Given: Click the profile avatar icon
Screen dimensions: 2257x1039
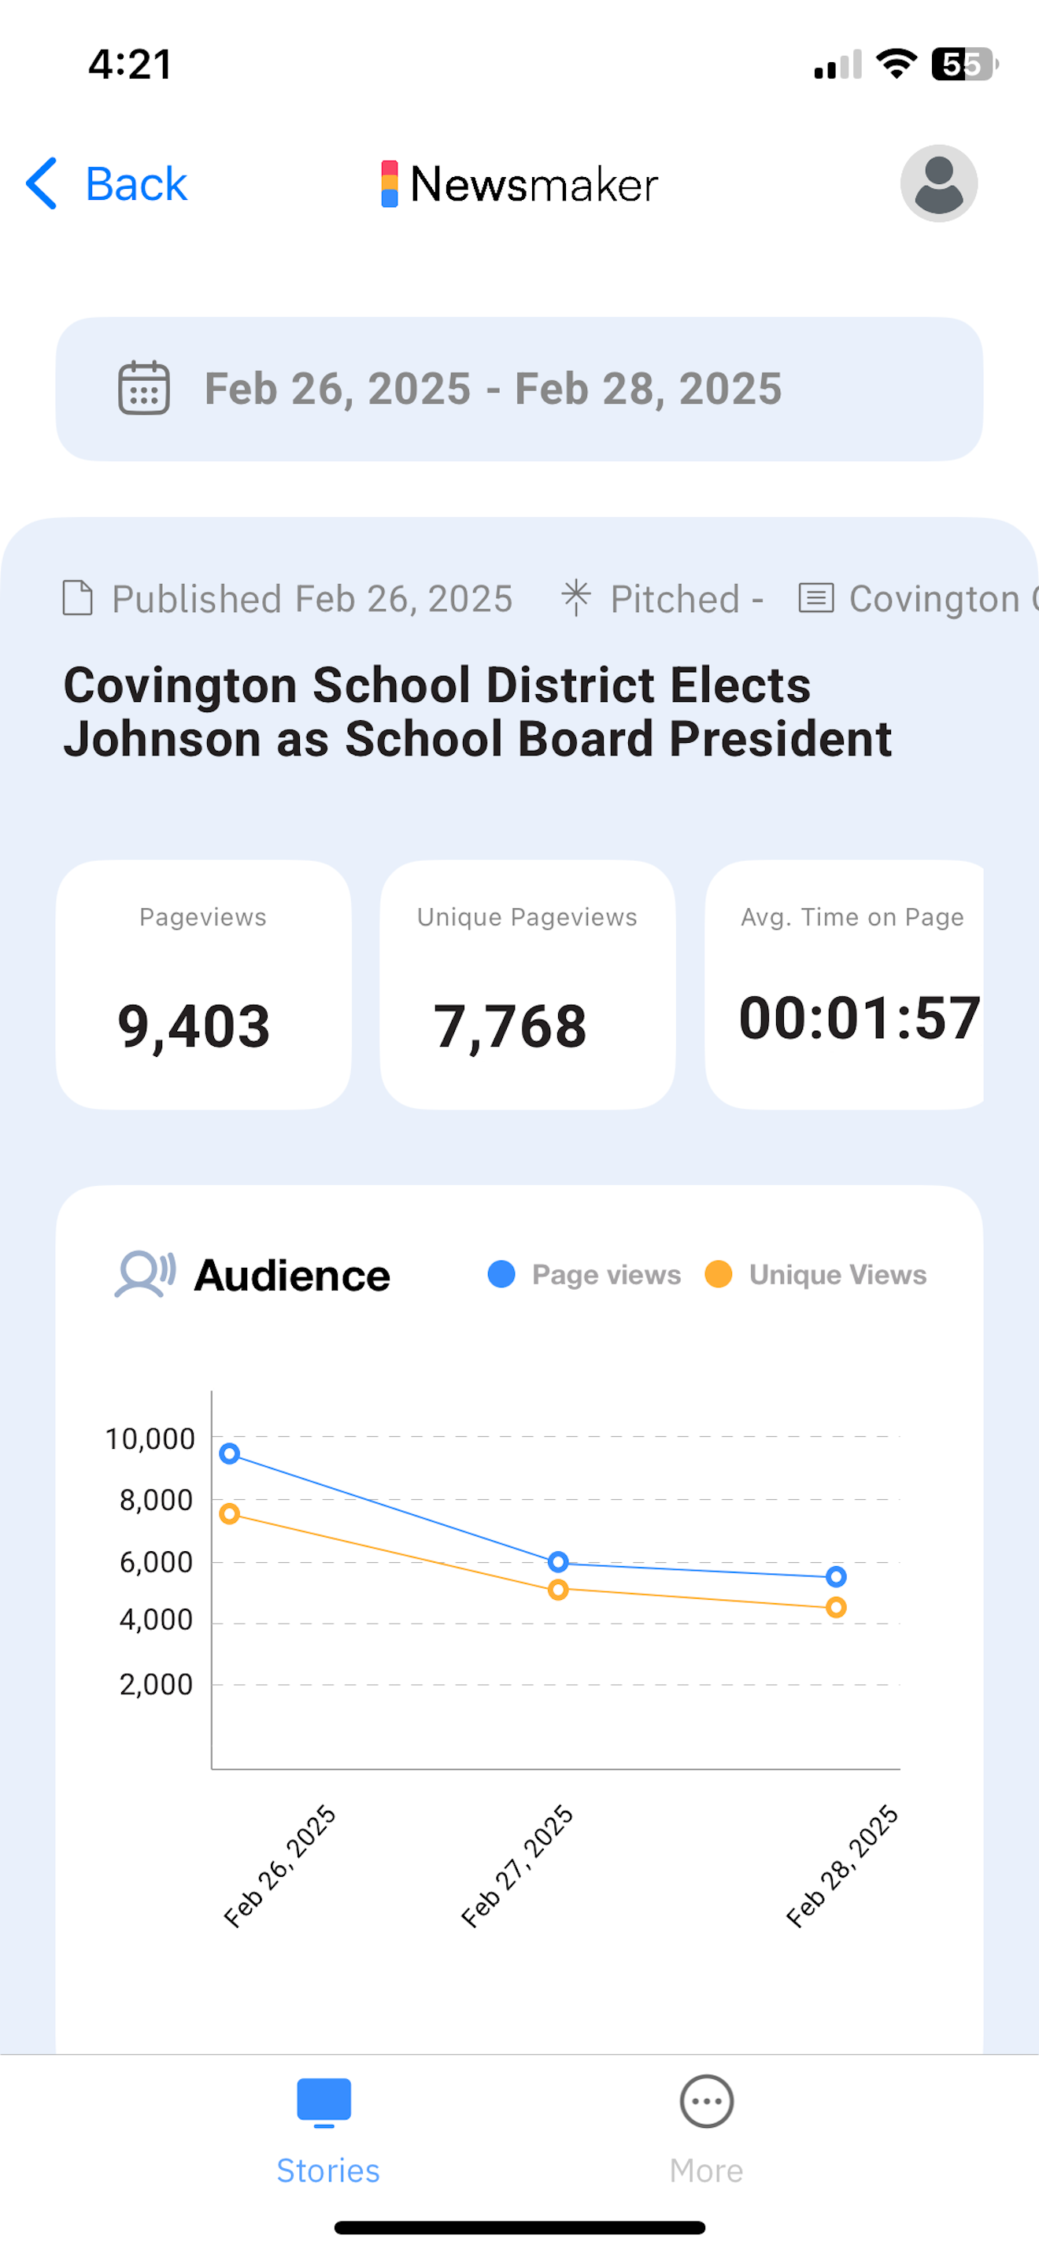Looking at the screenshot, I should pyautogui.click(x=938, y=184).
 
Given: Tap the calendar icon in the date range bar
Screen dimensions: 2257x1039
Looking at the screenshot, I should pyautogui.click(x=144, y=388).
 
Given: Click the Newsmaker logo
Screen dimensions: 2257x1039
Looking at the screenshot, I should pyautogui.click(x=519, y=184).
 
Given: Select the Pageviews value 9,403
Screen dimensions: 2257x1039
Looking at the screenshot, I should pyautogui.click(x=194, y=1026).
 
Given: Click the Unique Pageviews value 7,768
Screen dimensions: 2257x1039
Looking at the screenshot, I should pyautogui.click(x=510, y=1026).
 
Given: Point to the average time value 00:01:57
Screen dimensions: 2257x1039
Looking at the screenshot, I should pyautogui.click(x=859, y=1018).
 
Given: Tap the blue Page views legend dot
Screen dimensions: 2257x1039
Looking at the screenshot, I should pyautogui.click(x=501, y=1274).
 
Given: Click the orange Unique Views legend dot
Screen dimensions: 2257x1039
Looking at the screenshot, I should pyautogui.click(x=719, y=1274).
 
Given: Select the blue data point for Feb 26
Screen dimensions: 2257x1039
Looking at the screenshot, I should pyautogui.click(x=230, y=1454).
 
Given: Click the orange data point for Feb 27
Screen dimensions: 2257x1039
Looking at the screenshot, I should pyautogui.click(x=558, y=1590).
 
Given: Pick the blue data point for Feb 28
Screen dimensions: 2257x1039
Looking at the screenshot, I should pyautogui.click(x=836, y=1576).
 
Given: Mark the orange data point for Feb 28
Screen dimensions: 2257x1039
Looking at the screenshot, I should pyautogui.click(x=836, y=1607).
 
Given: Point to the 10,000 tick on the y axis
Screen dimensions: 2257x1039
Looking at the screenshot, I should pyautogui.click(x=150, y=1439).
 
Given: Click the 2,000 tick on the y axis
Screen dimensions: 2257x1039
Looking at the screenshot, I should pyautogui.click(x=156, y=1684).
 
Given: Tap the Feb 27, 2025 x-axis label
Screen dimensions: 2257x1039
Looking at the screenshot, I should pyautogui.click(x=517, y=1866).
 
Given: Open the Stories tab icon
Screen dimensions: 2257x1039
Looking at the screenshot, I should pyautogui.click(x=324, y=2102).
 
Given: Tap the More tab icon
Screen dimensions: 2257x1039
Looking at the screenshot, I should pyautogui.click(x=706, y=2101).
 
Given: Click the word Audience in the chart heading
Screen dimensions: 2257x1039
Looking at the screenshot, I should pyautogui.click(x=293, y=1276).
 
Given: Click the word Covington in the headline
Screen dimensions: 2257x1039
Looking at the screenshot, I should pyautogui.click(x=179, y=685).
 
